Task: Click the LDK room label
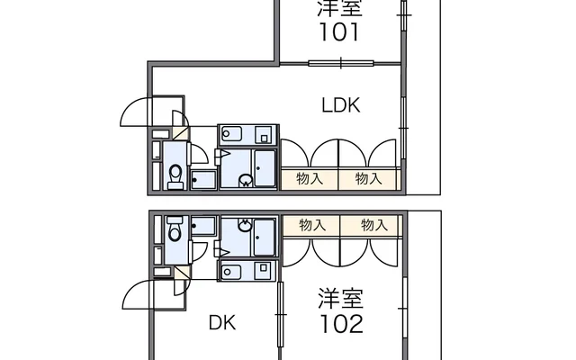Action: click(341, 105)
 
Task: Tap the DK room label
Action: click(222, 323)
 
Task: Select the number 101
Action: click(340, 32)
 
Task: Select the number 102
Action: click(342, 324)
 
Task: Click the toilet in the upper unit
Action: click(175, 176)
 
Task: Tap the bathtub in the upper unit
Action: click(265, 168)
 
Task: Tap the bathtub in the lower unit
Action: click(264, 238)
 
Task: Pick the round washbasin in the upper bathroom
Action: click(246, 180)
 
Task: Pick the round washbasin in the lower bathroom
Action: click(245, 225)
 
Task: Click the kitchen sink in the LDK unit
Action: click(231, 134)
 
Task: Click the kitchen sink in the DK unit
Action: click(230, 272)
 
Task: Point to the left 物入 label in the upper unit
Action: click(310, 179)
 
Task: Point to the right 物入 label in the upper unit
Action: click(368, 179)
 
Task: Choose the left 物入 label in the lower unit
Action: click(312, 225)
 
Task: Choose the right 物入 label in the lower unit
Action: click(374, 225)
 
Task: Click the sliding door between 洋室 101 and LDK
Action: click(341, 63)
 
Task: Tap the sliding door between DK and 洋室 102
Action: click(281, 314)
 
